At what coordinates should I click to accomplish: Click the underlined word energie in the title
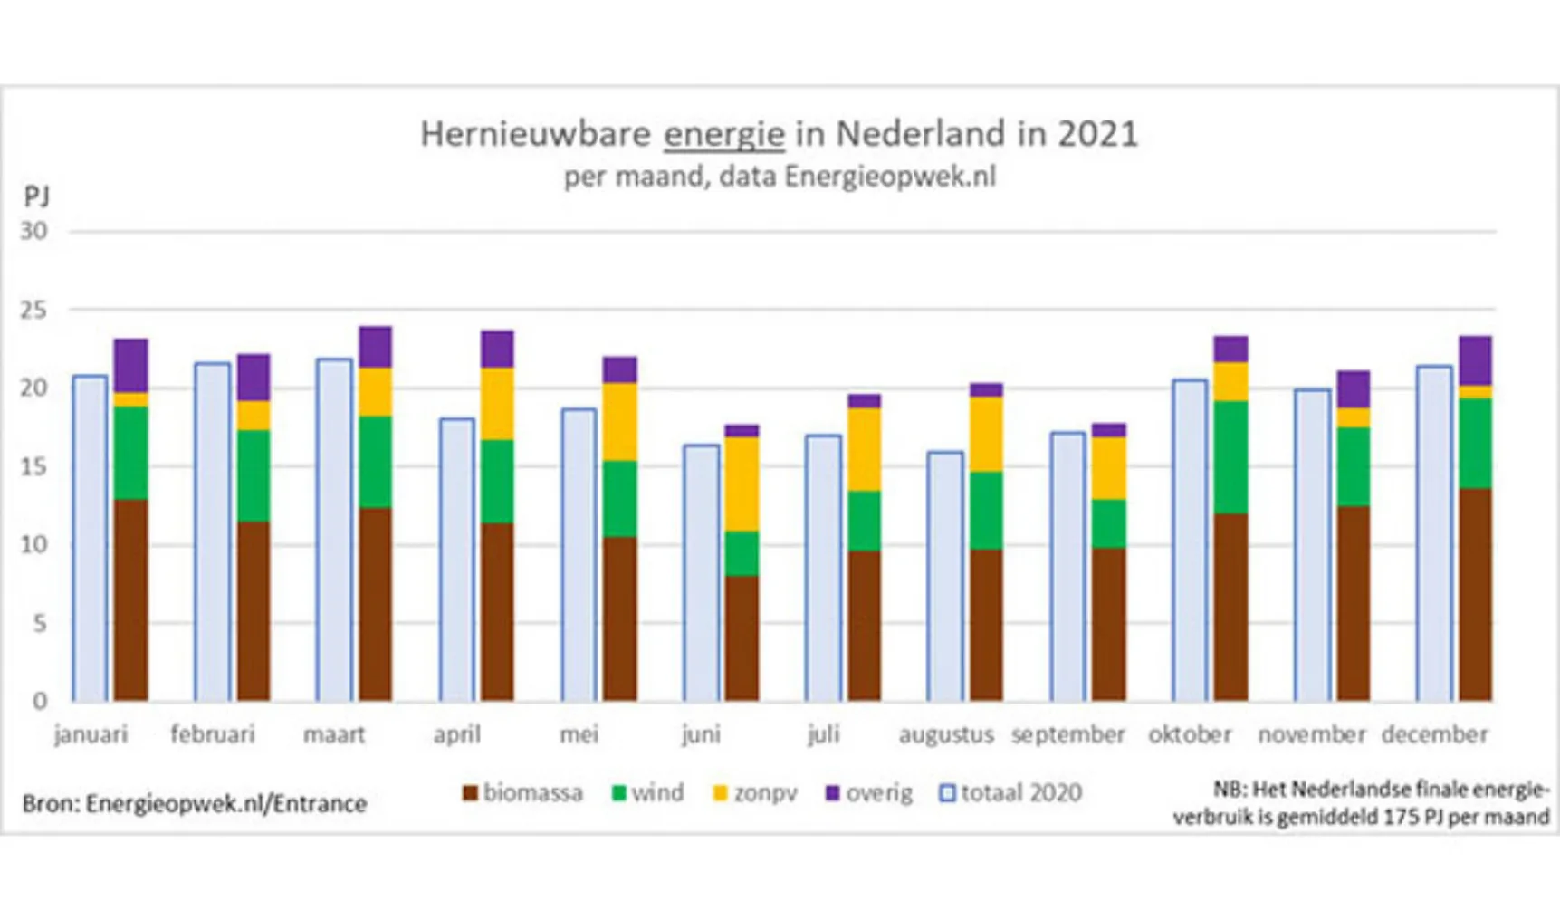point(723,134)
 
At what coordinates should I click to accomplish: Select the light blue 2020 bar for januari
point(90,539)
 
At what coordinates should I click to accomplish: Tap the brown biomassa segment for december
point(1475,595)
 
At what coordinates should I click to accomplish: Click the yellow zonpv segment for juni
point(742,484)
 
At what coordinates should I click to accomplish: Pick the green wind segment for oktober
point(1230,457)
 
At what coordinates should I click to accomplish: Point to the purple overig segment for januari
point(130,365)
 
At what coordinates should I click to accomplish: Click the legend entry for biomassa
point(522,793)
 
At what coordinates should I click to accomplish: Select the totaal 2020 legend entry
point(1010,793)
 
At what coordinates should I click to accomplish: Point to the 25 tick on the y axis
point(33,310)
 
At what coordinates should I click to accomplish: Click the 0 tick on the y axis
point(40,700)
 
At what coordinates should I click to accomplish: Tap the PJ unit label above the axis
point(36,196)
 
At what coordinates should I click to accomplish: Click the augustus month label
point(945,734)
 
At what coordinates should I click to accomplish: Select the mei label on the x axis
point(579,734)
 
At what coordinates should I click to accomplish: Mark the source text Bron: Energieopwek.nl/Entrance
point(194,803)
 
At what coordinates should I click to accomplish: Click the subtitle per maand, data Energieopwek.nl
point(779,176)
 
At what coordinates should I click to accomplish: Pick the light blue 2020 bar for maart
point(334,530)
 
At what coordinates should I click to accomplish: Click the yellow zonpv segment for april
point(497,403)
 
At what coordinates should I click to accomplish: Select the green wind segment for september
point(1108,523)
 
